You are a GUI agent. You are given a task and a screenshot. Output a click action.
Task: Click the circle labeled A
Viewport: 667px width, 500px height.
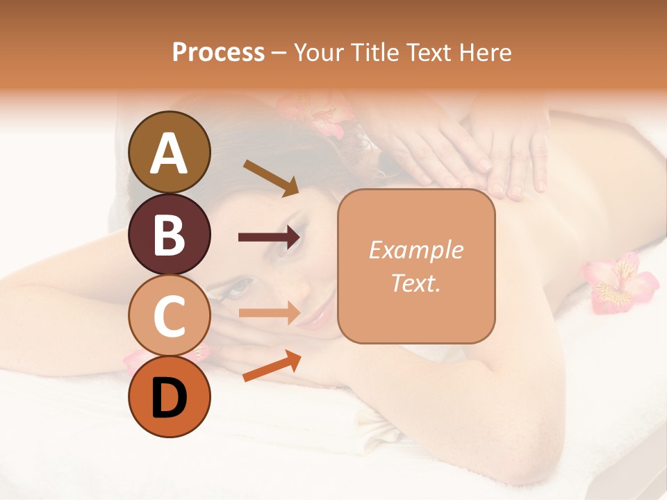(169, 152)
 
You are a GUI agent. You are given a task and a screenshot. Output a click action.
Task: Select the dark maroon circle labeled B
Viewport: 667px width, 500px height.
(169, 234)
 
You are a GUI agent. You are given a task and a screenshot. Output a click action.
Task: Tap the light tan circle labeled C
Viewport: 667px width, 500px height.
(169, 315)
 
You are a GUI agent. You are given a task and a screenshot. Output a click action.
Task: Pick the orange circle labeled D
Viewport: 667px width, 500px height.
(169, 397)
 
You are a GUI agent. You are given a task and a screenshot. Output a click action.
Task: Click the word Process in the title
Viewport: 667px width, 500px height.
(218, 53)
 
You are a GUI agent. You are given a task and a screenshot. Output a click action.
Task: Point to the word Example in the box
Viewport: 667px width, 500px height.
(415, 250)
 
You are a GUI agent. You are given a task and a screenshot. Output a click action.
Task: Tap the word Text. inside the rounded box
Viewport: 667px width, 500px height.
(415, 283)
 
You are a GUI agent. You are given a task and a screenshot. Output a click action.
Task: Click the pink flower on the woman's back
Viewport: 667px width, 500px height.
(620, 283)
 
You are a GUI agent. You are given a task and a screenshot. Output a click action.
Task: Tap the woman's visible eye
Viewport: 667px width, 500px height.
(240, 286)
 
